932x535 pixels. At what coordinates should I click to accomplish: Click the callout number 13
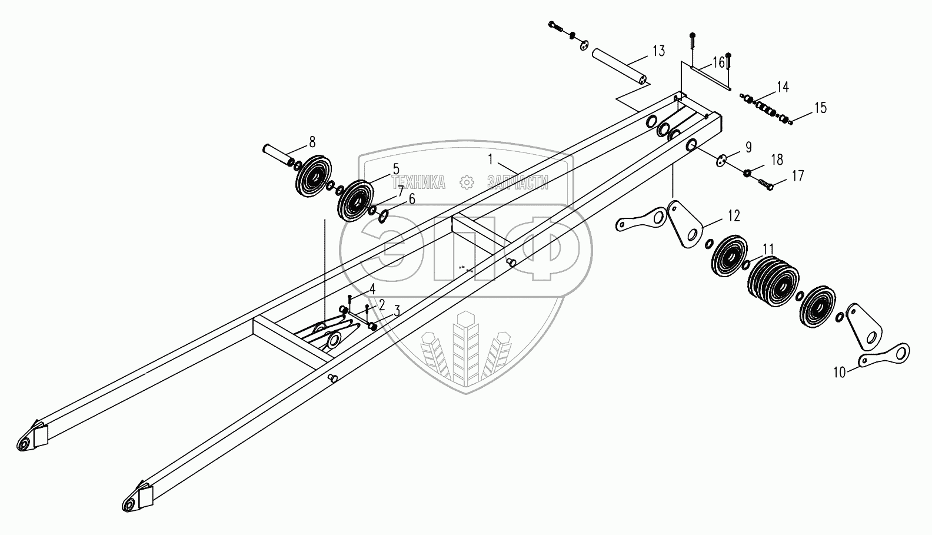tap(658, 51)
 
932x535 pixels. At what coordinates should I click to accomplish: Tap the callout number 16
tap(718, 63)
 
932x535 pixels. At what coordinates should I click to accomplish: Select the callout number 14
tap(782, 88)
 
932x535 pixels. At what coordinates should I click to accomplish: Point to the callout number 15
tap(820, 108)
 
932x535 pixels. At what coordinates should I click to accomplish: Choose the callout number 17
tap(798, 175)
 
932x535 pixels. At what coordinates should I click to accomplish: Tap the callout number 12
tap(733, 215)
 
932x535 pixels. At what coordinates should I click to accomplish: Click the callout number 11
tap(768, 250)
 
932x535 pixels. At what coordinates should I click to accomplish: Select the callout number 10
tap(840, 371)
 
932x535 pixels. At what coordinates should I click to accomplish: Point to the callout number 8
tap(312, 141)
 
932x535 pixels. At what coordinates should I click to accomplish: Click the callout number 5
tap(396, 168)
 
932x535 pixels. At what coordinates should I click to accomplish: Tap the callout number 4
tap(372, 288)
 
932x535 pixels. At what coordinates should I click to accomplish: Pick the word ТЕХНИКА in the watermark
tap(419, 183)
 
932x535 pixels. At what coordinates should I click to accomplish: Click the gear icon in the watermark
tap(467, 182)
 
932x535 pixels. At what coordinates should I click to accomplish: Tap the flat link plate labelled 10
tap(884, 354)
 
